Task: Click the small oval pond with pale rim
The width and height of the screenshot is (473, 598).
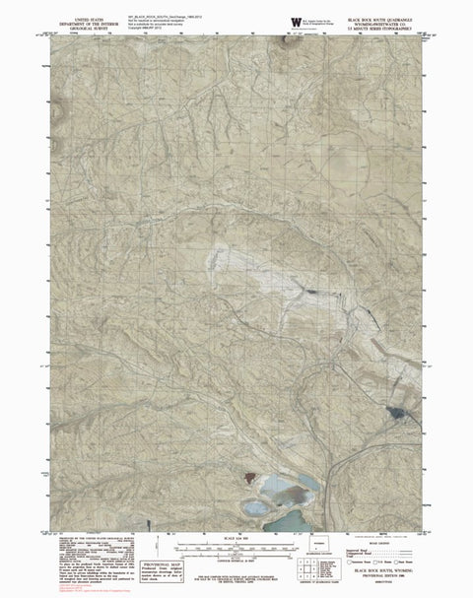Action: coord(256,507)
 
